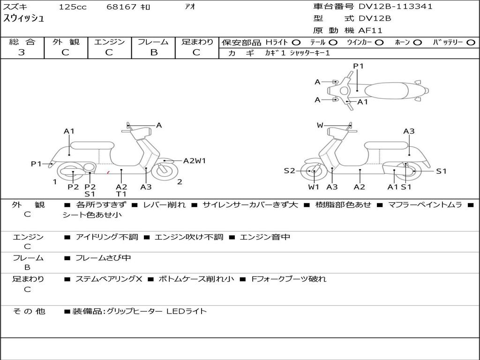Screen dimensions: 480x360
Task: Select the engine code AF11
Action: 371,30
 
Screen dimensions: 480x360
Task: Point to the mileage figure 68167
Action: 121,7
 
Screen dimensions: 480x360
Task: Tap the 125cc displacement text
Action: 73,7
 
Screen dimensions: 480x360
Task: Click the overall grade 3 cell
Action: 22,52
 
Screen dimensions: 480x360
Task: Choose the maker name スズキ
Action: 14,7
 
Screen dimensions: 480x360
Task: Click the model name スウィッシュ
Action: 24,19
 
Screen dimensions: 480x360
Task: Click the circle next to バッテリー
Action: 471,43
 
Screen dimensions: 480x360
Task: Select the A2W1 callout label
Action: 194,161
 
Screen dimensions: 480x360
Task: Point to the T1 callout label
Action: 121,194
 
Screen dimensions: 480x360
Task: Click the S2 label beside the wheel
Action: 290,171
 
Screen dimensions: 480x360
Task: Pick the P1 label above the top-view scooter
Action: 359,66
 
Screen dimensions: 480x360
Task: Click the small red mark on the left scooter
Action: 108,173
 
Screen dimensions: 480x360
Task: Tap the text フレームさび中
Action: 103,258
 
